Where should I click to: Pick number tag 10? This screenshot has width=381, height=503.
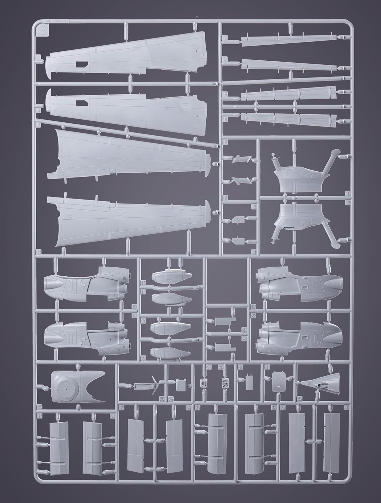pyautogui.click(x=347, y=193)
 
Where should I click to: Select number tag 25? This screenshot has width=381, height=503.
pyautogui.click(x=39, y=407)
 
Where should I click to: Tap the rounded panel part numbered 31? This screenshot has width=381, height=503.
pyautogui.click(x=279, y=382)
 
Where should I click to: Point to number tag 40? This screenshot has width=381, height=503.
pyautogui.click(x=346, y=408)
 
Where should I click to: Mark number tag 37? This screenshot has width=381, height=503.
pyautogui.click(x=198, y=408)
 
